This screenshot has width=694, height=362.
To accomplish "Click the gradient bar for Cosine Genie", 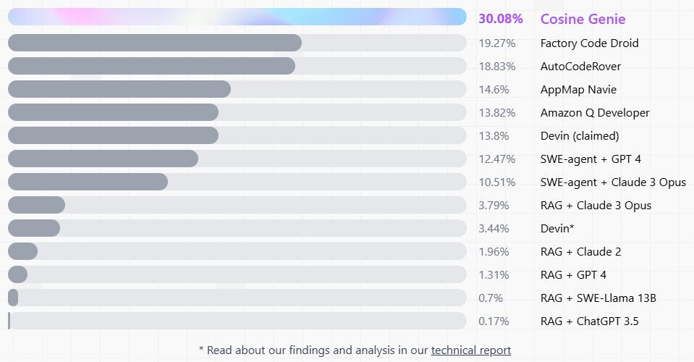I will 237,17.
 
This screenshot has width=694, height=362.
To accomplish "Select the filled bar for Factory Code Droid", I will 154,43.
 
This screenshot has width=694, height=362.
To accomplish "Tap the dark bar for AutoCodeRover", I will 151,66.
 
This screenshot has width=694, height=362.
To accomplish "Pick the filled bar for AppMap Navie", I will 119,89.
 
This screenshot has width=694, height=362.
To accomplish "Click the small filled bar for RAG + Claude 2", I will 22,251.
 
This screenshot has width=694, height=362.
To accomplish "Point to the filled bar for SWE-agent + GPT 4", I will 103,159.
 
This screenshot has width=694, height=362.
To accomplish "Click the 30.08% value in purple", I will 501,19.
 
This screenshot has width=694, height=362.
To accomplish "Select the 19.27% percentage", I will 496,43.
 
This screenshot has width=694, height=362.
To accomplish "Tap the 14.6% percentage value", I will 494,90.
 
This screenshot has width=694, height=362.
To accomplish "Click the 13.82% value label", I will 496,113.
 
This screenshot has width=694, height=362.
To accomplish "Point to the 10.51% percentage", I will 496,182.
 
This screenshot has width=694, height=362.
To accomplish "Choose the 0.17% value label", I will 494,321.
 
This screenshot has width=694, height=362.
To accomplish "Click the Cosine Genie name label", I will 583,19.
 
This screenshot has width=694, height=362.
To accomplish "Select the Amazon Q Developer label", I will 595,113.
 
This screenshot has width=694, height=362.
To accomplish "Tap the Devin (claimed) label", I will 580,136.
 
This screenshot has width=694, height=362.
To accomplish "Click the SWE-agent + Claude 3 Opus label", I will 613,182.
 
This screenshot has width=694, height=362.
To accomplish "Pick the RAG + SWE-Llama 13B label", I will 598,298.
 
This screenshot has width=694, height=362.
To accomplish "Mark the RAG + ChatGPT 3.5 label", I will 589,321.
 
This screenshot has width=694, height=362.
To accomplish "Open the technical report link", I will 471,350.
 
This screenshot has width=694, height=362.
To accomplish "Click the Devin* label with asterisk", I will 557,229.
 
